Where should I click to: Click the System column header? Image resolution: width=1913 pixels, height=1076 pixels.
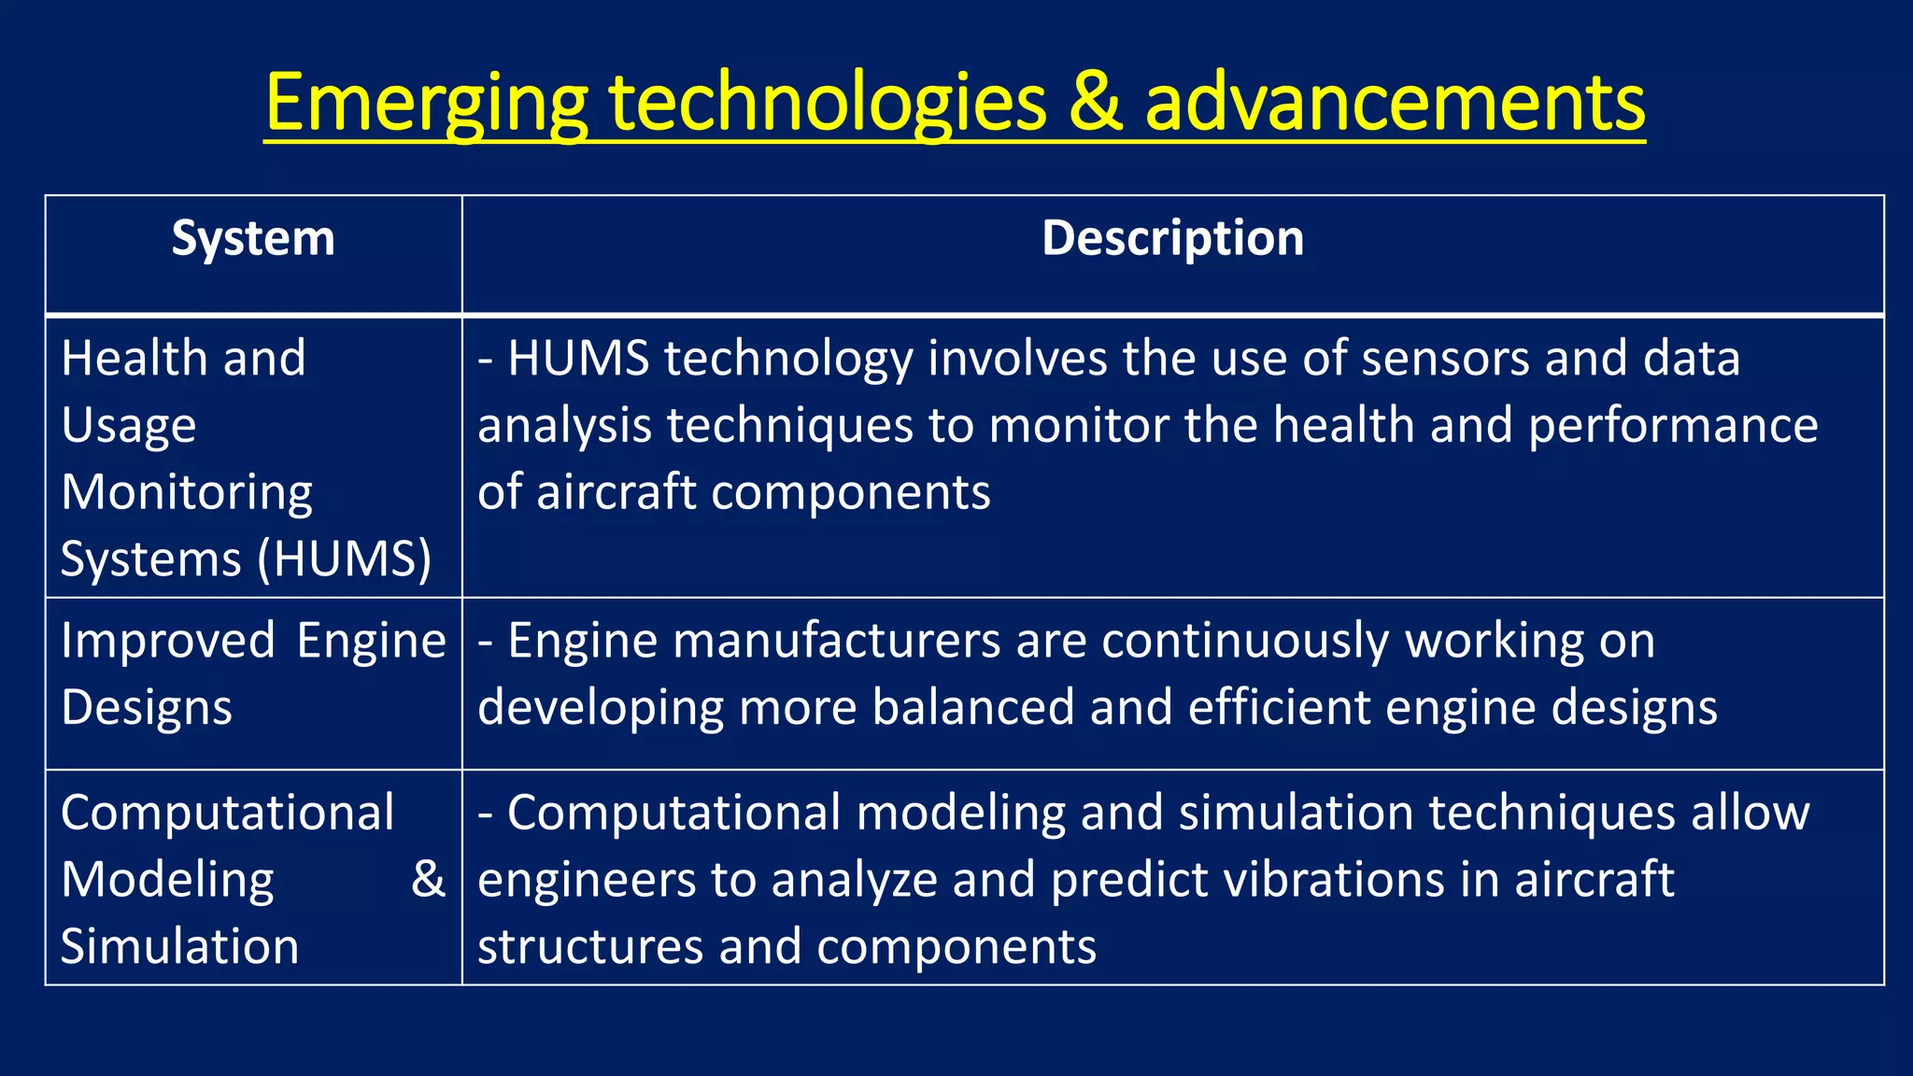click(x=253, y=238)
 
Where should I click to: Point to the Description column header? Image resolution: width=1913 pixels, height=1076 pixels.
click(x=1172, y=238)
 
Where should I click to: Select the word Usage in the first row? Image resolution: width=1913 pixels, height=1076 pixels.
click(x=129, y=426)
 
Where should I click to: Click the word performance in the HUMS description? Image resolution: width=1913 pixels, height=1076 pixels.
click(x=1673, y=426)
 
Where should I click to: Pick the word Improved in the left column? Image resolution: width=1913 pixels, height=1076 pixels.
click(x=168, y=641)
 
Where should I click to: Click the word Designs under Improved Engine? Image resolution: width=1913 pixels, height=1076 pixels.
click(x=147, y=707)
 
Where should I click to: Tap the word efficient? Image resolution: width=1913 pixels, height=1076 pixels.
click(x=1279, y=707)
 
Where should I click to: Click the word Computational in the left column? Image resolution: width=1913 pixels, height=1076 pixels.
click(x=228, y=813)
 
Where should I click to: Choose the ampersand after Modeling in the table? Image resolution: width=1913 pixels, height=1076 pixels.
click(x=428, y=879)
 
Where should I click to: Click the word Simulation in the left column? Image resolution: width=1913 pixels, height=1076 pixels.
click(x=180, y=946)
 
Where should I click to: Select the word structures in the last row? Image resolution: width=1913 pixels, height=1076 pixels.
click(x=589, y=946)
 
